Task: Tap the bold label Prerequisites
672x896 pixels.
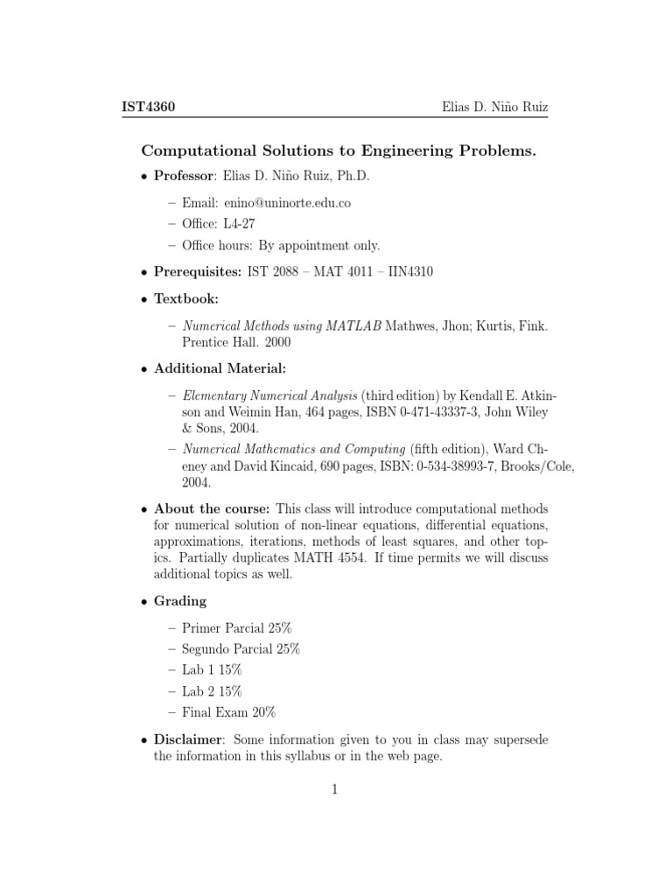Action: pyautogui.click(x=197, y=272)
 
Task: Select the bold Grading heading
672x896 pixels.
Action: pyautogui.click(x=180, y=600)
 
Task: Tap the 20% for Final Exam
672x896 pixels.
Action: pyautogui.click(x=269, y=712)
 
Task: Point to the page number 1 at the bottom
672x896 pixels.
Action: pyautogui.click(x=335, y=789)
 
